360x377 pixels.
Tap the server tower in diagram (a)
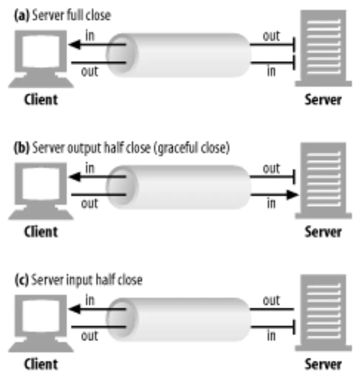pos(323,48)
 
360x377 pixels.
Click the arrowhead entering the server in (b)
pos(292,194)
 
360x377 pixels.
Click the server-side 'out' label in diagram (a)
pos(271,37)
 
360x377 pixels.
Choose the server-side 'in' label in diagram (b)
pos(271,203)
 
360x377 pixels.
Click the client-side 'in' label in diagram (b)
pos(90,168)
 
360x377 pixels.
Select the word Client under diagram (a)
pos(41,100)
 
